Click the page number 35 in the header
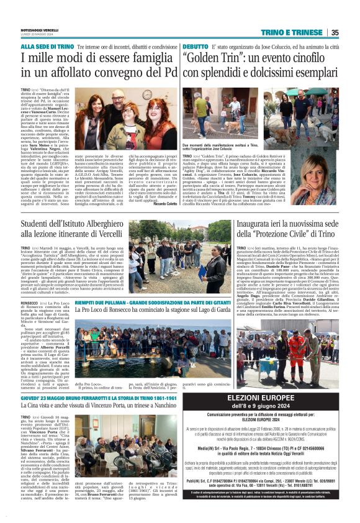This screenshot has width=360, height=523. [x=352, y=33]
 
